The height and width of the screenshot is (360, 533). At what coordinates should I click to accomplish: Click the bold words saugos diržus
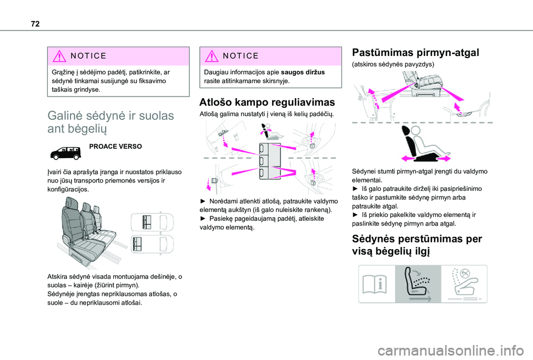(303, 72)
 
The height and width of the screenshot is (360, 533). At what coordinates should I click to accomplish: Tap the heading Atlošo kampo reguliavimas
(266, 103)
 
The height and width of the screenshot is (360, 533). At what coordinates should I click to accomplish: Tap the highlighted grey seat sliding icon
(418, 283)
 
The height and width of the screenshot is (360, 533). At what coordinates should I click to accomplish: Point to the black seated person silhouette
(420, 143)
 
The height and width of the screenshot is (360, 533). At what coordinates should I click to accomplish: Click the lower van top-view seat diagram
(149, 245)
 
